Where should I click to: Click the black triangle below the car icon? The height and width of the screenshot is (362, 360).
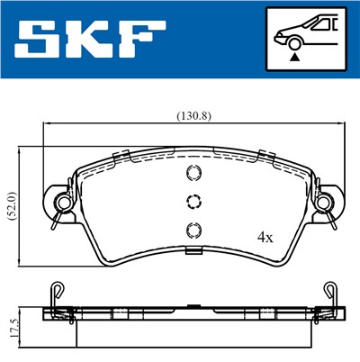(x=294, y=55)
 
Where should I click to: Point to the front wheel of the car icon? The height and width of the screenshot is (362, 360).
(x=293, y=42)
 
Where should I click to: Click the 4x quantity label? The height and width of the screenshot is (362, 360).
(x=264, y=238)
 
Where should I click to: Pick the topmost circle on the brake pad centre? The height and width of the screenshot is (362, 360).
(x=190, y=175)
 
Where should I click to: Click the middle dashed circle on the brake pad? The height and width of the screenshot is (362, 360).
(x=190, y=201)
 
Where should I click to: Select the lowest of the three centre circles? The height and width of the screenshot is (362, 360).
(x=190, y=228)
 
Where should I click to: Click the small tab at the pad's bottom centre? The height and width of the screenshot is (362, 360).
(x=190, y=247)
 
